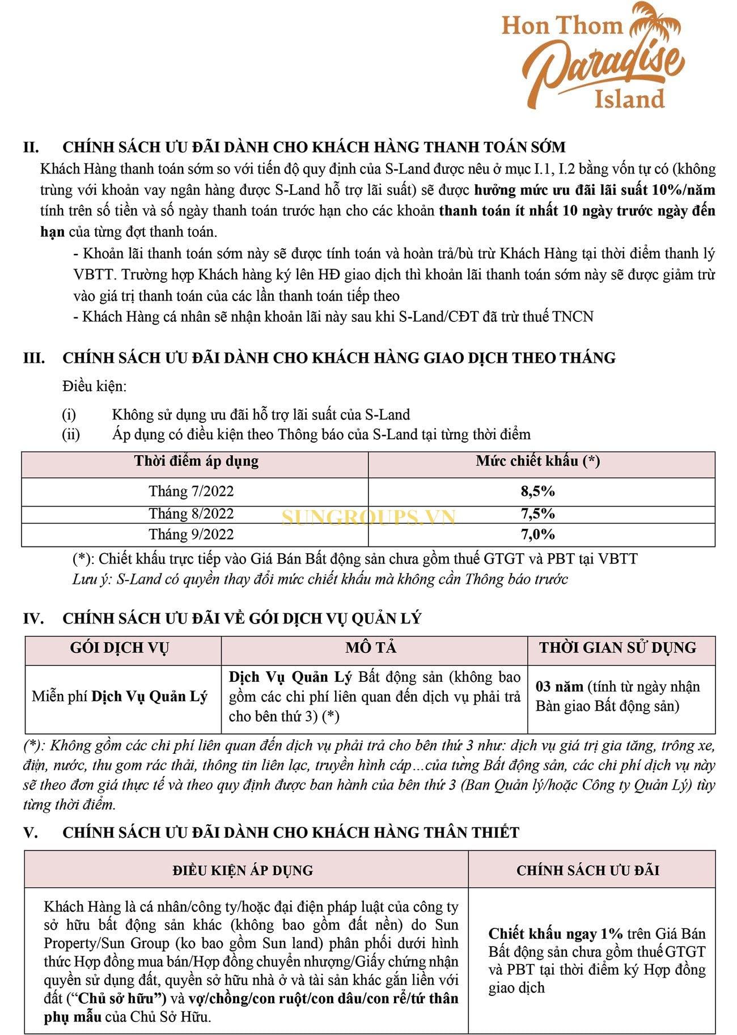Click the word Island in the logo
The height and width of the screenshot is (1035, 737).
[629, 99]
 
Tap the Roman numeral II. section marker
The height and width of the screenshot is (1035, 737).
[31, 147]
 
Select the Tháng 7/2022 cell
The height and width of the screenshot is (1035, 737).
[191, 491]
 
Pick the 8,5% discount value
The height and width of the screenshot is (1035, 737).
[537, 491]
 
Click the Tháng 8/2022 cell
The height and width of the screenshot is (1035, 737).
[191, 514]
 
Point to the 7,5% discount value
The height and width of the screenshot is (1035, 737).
[537, 514]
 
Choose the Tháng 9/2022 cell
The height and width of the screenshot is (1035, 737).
[191, 534]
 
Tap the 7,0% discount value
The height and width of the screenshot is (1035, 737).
[537, 534]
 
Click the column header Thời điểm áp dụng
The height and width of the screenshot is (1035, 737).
[196, 461]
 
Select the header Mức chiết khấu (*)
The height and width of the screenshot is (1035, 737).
[537, 461]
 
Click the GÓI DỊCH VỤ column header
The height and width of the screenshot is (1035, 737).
[120, 648]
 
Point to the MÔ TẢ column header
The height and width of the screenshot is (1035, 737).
[371, 648]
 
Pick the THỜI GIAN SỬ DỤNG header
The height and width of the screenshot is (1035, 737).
[617, 648]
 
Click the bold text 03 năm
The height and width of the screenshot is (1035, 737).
[559, 687]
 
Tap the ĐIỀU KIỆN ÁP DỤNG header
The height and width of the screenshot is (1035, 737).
[243, 870]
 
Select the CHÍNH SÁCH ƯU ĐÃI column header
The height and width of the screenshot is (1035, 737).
[587, 870]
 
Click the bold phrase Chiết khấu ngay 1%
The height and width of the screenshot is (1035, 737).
[556, 934]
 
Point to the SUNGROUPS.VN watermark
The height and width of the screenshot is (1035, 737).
[369, 517]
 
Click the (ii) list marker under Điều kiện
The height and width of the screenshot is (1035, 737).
[70, 435]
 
